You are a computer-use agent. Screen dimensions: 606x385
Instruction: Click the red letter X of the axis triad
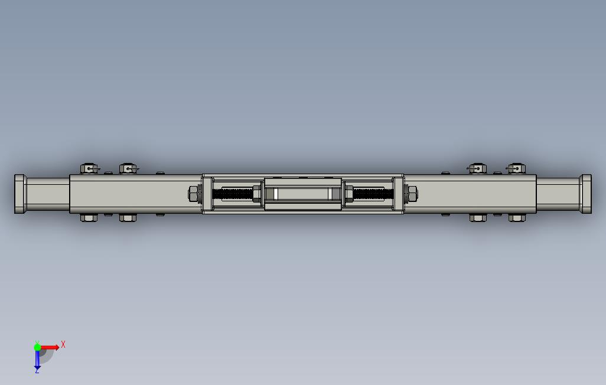coord(63,344)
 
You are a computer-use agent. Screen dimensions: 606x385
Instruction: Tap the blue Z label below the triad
coord(37,370)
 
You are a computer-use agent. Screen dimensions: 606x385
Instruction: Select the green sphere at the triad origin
coord(37,347)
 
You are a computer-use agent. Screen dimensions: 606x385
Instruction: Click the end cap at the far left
coord(21,194)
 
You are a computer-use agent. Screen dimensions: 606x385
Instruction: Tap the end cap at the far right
coord(585,194)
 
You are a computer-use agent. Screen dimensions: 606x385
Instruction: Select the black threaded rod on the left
coord(233,194)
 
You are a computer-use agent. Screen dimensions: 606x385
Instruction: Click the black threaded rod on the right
coord(373,194)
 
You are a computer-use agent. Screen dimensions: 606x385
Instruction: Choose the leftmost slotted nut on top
coord(89,169)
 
